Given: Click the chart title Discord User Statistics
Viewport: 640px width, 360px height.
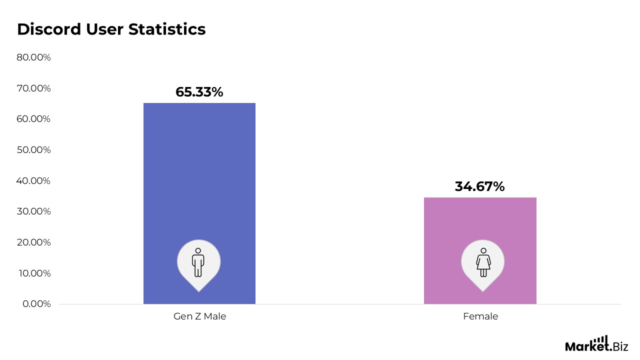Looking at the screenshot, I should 111,29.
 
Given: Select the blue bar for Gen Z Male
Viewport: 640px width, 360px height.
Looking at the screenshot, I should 199,175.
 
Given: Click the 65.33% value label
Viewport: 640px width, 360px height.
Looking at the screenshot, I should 199,92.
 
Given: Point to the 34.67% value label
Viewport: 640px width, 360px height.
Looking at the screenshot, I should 479,186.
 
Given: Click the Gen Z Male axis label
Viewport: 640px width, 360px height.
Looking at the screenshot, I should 199,316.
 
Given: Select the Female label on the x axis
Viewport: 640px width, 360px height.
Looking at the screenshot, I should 480,316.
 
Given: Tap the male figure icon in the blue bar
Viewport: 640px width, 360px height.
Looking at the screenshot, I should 198,262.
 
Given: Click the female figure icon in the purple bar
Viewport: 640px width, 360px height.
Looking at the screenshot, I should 483,262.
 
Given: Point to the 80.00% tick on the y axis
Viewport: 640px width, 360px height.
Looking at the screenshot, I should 33,57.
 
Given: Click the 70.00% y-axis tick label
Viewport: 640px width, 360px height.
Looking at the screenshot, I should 33,88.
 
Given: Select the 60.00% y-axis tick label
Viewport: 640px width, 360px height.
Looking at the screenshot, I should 33,119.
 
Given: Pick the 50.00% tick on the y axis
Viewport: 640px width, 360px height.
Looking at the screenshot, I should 33,150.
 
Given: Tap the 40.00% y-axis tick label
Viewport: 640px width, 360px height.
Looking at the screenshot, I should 33,180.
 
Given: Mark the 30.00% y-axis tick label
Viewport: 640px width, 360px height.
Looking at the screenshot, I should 33,211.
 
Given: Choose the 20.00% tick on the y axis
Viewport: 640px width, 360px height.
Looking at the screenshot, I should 33,242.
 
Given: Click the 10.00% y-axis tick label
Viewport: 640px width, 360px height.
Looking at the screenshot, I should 33,273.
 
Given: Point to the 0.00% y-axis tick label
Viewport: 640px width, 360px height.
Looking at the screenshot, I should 36,304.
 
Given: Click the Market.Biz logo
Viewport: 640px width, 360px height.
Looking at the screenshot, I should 596,344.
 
